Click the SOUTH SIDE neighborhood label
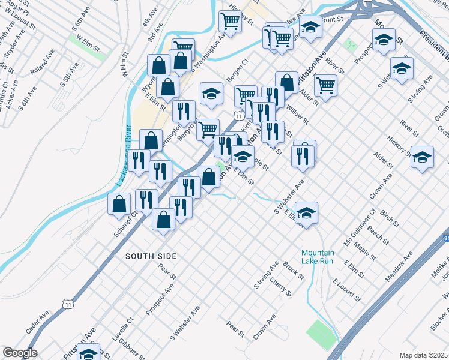click(x=151, y=256)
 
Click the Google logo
click(x=20, y=352)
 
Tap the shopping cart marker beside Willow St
click(x=325, y=85)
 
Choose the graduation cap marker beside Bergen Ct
click(x=211, y=93)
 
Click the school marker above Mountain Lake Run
click(x=306, y=212)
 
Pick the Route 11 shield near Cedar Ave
click(x=69, y=305)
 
